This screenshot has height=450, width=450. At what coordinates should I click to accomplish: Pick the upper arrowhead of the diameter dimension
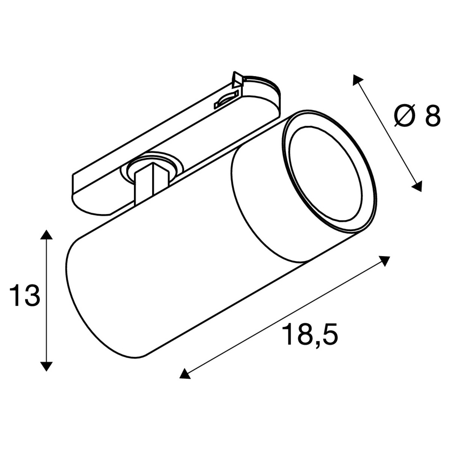358,79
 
